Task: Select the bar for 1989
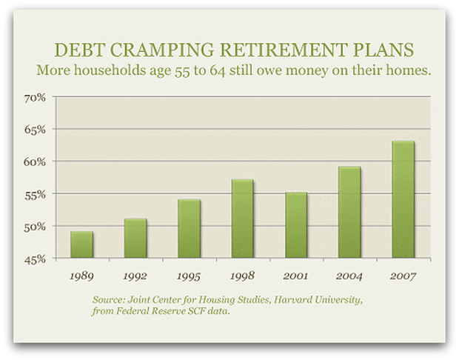tap(81, 245)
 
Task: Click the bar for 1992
tap(135, 238)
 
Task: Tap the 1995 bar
tap(189, 229)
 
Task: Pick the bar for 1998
tap(242, 219)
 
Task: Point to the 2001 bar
tap(296, 225)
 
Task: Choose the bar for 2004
tap(349, 213)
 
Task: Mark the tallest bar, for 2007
tap(403, 199)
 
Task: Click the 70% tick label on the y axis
tap(35, 98)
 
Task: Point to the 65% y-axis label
tap(35, 130)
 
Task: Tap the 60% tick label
tap(35, 162)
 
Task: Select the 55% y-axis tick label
tap(35, 195)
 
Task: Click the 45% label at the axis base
tap(35, 259)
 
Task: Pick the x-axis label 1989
tap(81, 276)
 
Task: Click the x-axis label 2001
tap(295, 276)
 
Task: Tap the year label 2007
tap(403, 276)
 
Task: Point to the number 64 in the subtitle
tap(217, 71)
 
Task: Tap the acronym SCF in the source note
tap(196, 311)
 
